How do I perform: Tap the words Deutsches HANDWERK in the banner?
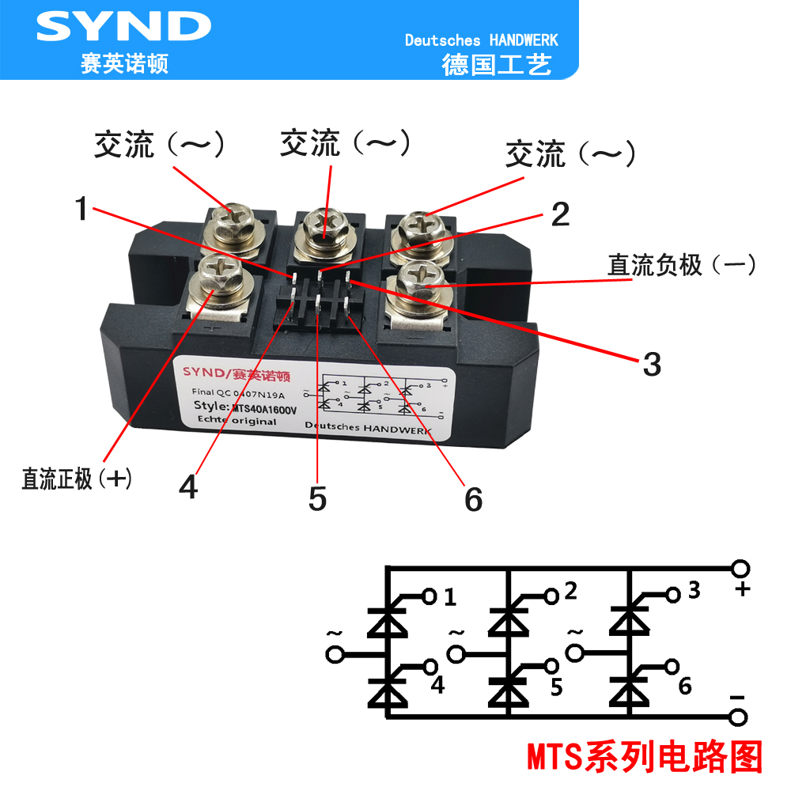(x=481, y=40)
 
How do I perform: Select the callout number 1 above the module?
(x=81, y=210)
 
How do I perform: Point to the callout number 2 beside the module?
(x=560, y=214)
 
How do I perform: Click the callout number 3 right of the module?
(x=651, y=365)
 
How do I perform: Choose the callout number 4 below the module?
(x=188, y=487)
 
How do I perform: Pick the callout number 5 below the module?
(x=317, y=498)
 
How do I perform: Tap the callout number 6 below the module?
(x=473, y=499)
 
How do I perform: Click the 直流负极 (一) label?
(x=681, y=265)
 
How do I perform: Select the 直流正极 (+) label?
(x=76, y=479)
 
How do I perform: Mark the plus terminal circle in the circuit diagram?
(x=740, y=570)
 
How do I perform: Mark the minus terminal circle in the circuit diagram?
(x=740, y=717)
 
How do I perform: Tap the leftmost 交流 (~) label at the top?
(x=160, y=145)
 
